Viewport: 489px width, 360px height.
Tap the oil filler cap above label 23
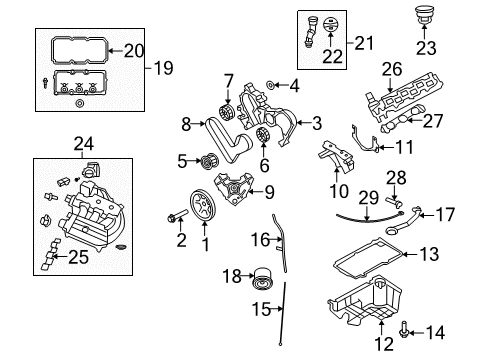click(426, 17)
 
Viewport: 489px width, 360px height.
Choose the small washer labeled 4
click(257, 86)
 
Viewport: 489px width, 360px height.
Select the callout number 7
click(229, 80)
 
